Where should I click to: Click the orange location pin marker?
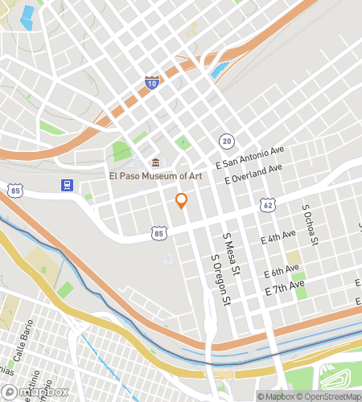182,200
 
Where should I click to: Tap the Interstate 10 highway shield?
152,82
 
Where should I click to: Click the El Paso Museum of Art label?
155,175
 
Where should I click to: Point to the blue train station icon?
67,186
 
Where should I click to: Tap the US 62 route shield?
267,206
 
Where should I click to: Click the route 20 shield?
228,141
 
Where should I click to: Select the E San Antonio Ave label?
249,156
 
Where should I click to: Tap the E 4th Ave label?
278,240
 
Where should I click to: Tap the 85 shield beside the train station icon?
16,190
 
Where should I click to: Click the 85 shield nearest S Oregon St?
158,233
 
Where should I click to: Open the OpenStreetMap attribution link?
329,396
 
